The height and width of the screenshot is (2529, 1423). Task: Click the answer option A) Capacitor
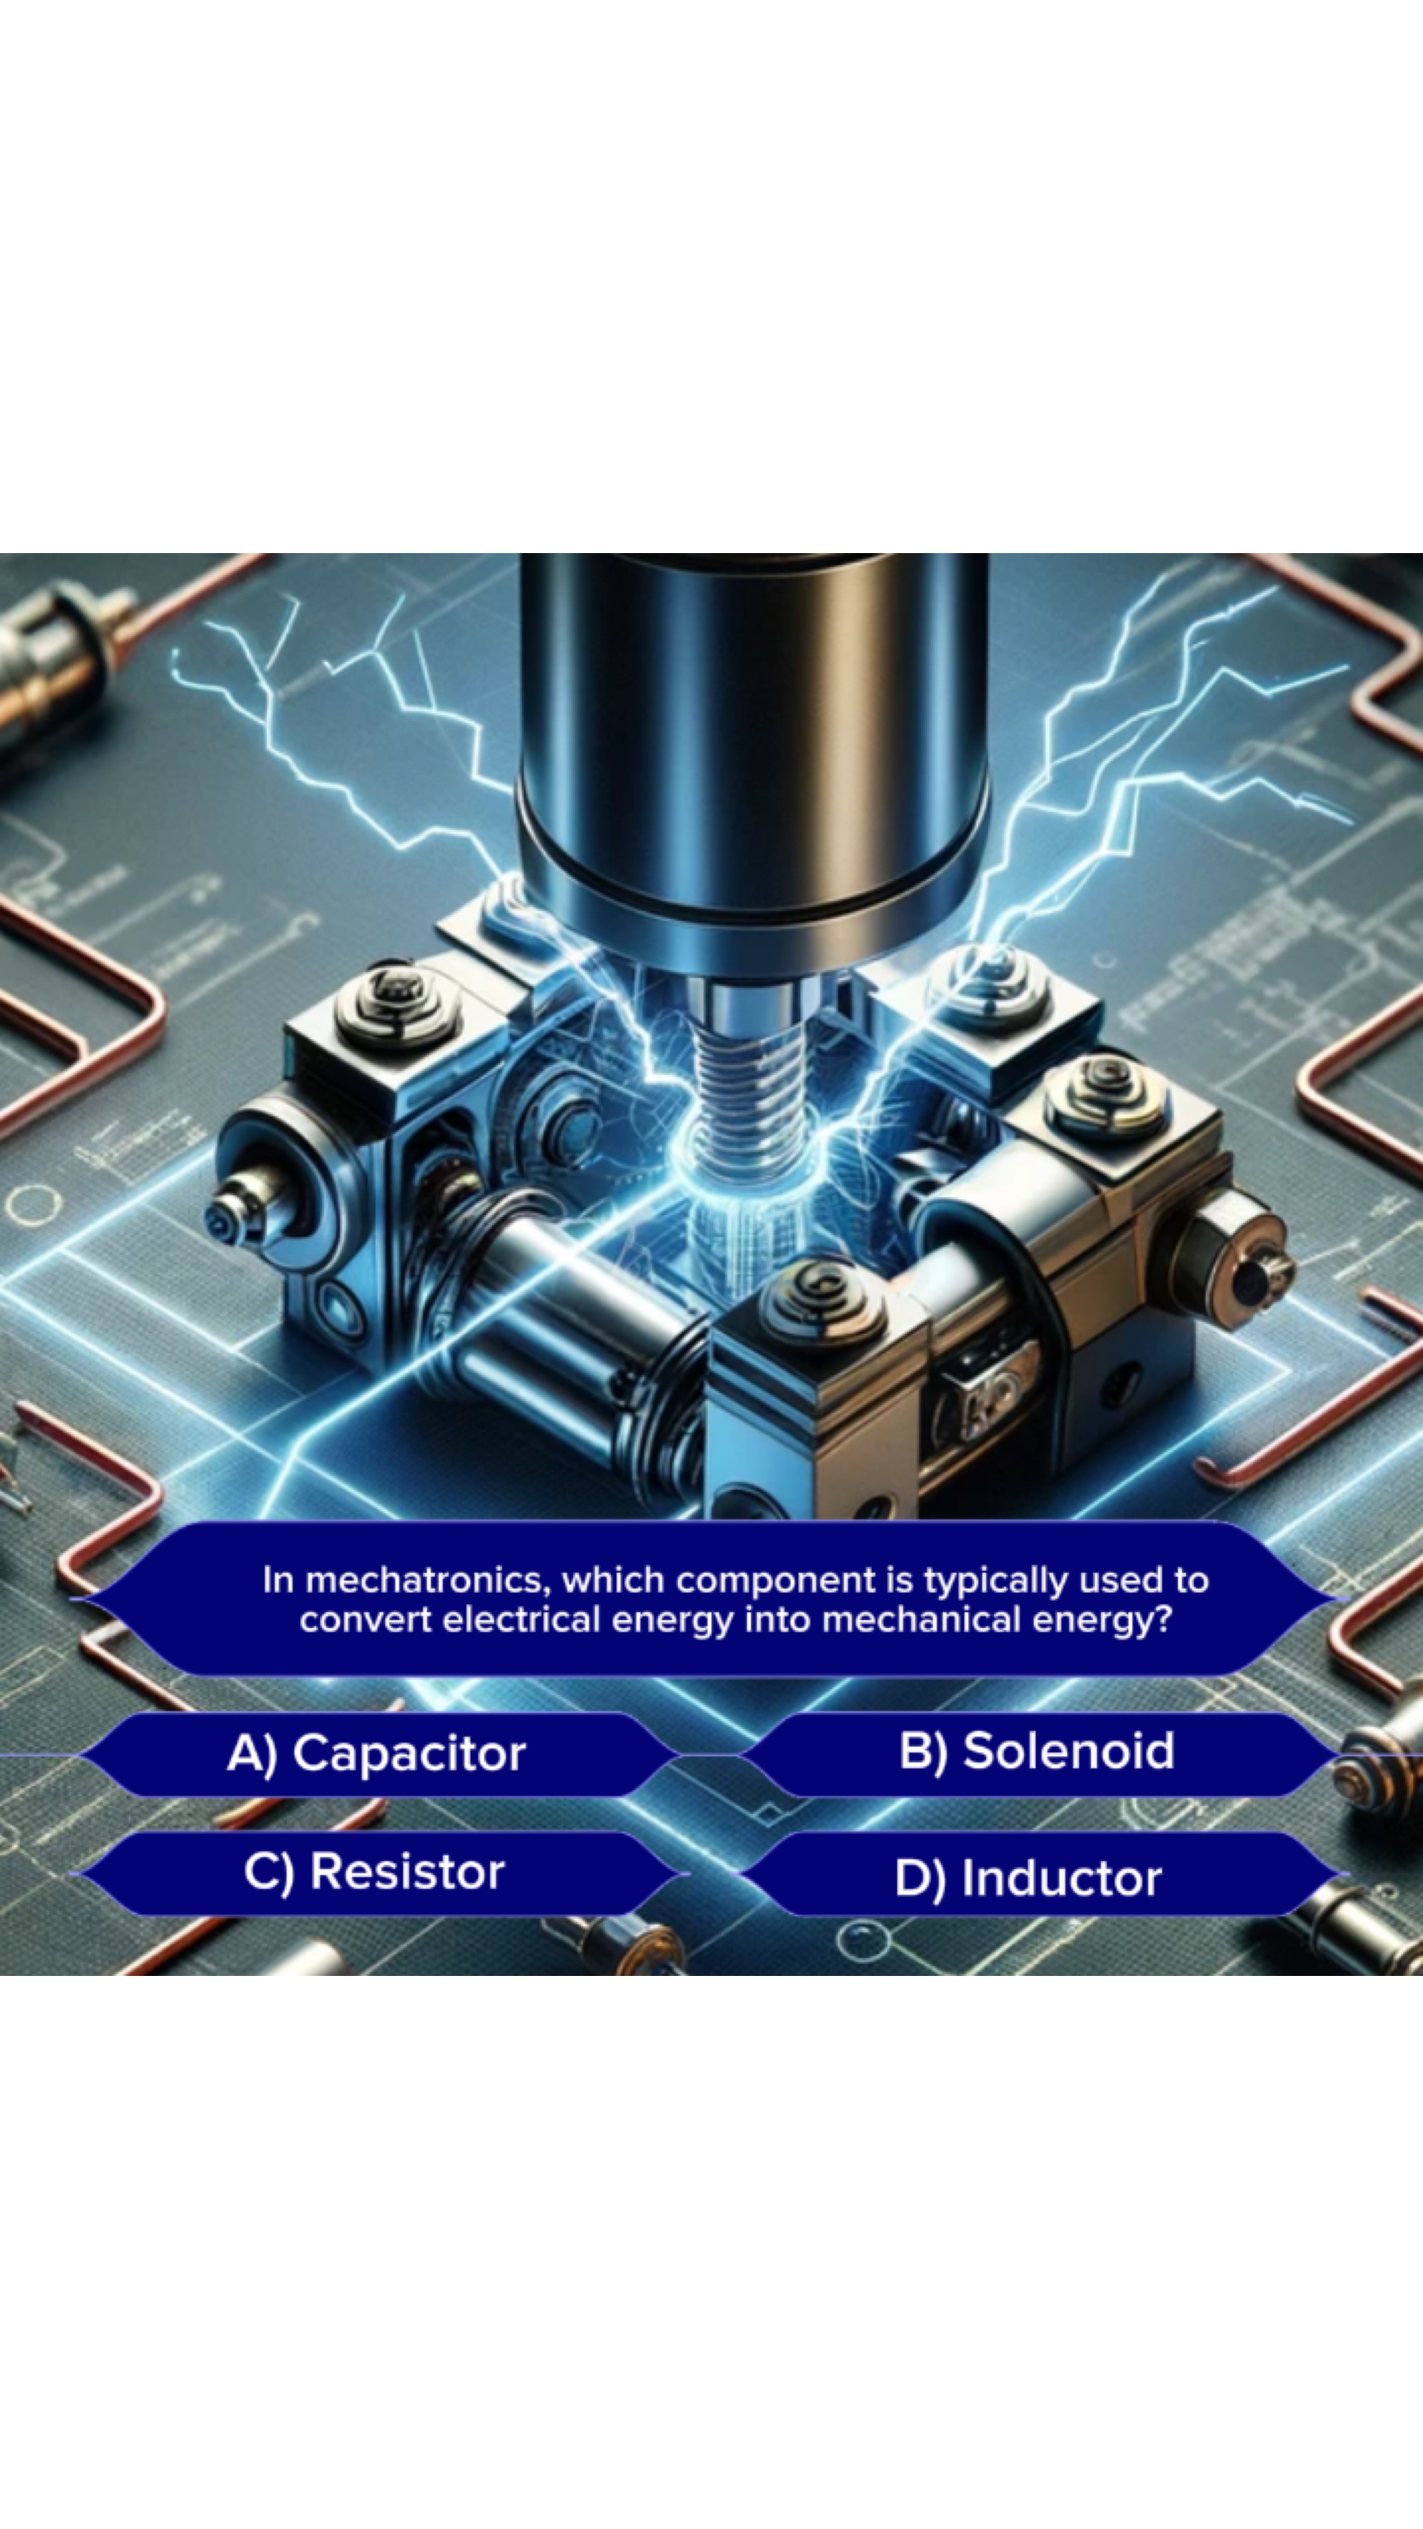click(x=376, y=1753)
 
